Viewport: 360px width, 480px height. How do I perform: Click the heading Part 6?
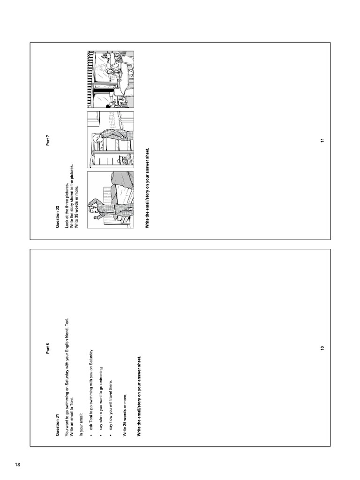point(48,348)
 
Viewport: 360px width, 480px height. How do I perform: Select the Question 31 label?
point(57,425)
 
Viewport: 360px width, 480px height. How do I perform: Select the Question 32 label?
point(57,217)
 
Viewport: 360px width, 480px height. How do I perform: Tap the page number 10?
point(322,348)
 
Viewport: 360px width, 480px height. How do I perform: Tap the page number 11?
point(322,140)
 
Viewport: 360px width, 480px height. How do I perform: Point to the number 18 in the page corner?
point(17,465)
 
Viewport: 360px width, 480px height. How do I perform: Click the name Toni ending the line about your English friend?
point(67,322)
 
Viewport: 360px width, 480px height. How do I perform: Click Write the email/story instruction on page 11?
point(147,188)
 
